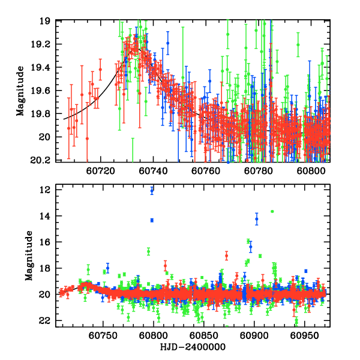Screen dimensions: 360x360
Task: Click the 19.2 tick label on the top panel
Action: [x=44, y=45]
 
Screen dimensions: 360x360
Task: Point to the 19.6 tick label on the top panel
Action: [x=44, y=91]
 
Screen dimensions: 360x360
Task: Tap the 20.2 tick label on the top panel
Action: [x=44, y=160]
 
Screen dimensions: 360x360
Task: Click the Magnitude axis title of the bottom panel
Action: [x=28, y=258]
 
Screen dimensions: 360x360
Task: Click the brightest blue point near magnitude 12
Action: [x=152, y=191]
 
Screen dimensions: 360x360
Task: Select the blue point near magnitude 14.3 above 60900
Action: [x=257, y=219]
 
